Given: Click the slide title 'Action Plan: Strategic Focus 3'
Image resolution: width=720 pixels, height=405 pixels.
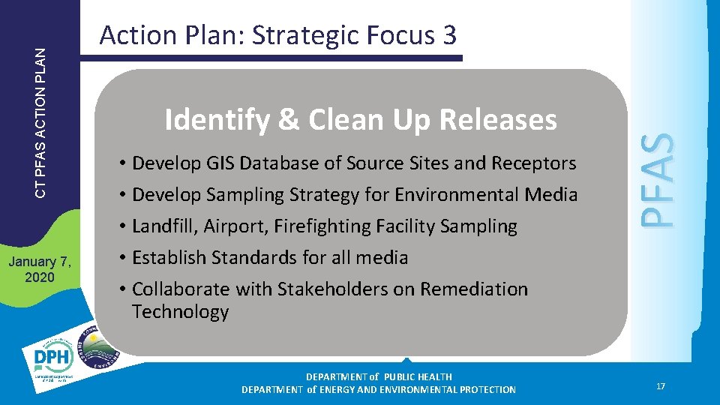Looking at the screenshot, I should tap(277, 35).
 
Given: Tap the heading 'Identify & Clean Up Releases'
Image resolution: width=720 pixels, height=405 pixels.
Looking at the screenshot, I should tap(361, 119).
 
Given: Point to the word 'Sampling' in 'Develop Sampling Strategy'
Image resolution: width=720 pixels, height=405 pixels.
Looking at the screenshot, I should tap(243, 195).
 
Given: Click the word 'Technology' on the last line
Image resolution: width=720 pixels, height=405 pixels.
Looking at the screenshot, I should tap(180, 311).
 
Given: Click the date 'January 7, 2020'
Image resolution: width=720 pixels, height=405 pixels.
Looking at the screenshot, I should tap(40, 269).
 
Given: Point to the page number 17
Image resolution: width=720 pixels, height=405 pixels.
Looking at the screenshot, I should tap(660, 386).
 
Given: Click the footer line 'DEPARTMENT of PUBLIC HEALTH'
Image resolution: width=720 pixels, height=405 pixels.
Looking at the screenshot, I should tap(379, 376).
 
